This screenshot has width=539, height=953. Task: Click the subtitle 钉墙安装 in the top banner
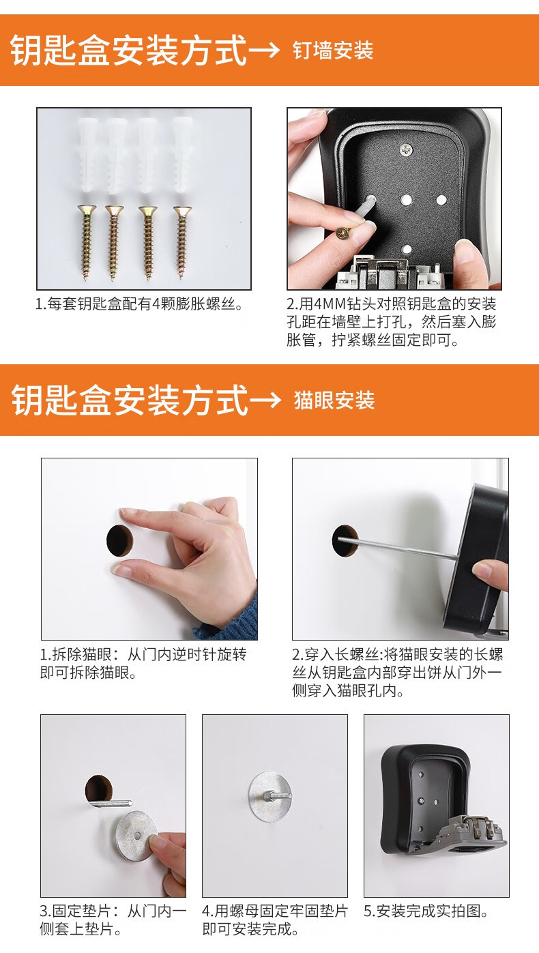pos(333,50)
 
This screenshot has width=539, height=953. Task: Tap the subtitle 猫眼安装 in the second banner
pos(334,400)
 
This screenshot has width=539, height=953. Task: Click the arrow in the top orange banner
pos(264,50)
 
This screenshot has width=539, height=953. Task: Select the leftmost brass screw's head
pos(87,209)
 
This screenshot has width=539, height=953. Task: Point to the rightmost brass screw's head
pos(182,210)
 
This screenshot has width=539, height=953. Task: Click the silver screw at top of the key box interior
pos(407,149)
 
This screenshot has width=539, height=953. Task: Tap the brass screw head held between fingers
pos(343,233)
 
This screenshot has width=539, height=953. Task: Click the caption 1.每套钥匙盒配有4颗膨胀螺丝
pos(139,304)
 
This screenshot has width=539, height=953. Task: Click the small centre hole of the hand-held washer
pos(136,836)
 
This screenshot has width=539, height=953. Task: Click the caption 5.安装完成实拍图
pos(426,911)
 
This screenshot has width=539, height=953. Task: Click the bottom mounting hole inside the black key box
pos(407,249)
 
